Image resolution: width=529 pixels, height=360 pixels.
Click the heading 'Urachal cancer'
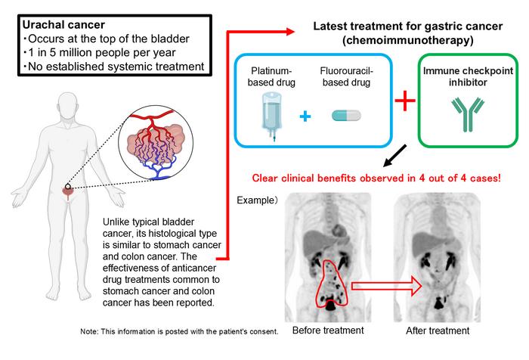[x=63, y=25]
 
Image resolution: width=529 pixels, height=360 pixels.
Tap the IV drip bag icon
[x=271, y=116]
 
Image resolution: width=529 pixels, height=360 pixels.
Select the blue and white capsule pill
[x=346, y=116]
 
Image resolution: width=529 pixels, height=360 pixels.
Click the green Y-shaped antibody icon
[x=468, y=114]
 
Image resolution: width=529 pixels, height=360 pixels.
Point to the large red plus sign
[x=405, y=100]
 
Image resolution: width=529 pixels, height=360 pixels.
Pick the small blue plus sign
[x=305, y=116]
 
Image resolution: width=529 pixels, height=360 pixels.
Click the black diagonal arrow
[x=394, y=156]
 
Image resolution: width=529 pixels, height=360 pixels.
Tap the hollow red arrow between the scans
[x=387, y=286]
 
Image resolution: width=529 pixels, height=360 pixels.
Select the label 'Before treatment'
[x=328, y=331]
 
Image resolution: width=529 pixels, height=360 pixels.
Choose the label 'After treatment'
[x=438, y=331]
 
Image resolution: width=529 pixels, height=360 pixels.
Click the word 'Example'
[x=256, y=200]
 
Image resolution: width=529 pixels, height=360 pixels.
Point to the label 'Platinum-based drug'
[x=271, y=76]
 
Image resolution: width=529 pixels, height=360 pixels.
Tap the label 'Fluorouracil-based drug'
[x=346, y=76]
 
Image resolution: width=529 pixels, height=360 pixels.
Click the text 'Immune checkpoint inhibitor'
[x=468, y=76]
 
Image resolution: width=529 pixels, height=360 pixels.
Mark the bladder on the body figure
[x=68, y=191]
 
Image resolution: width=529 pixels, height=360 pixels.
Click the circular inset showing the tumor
[x=156, y=143]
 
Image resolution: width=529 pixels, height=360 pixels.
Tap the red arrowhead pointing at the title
[x=290, y=32]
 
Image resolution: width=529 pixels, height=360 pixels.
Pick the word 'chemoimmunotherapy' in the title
[x=407, y=41]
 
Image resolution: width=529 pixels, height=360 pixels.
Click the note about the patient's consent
[x=180, y=331]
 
